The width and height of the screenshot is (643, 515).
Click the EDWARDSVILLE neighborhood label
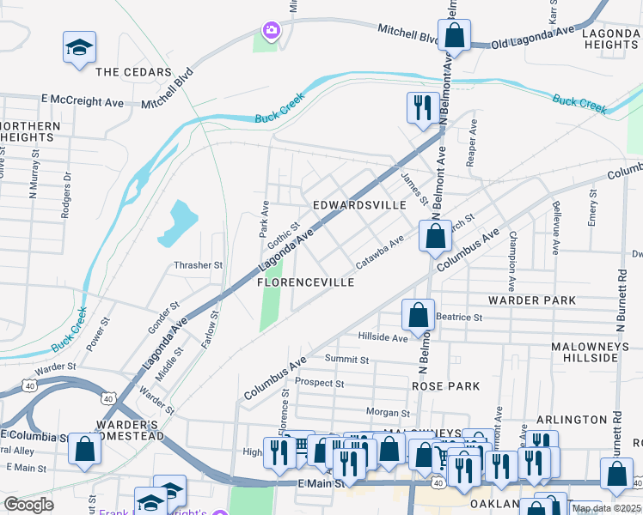(x=358, y=206)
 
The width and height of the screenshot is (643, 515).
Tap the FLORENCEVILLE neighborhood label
(x=306, y=282)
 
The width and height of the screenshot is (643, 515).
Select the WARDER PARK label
(x=530, y=301)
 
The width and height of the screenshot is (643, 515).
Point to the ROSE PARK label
(x=445, y=386)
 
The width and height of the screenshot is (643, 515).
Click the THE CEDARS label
(x=133, y=72)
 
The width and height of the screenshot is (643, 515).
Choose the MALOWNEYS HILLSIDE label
(x=597, y=350)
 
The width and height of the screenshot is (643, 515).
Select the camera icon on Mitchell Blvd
(x=272, y=31)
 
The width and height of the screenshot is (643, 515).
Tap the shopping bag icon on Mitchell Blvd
(x=455, y=36)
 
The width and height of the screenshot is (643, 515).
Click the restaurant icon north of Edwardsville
(x=420, y=107)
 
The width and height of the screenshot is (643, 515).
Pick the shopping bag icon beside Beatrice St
(x=418, y=315)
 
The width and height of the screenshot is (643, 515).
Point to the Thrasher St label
(x=199, y=265)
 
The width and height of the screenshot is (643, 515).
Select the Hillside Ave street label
(x=383, y=338)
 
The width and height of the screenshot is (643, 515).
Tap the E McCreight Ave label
(x=83, y=101)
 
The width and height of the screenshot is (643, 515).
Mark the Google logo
(x=28, y=505)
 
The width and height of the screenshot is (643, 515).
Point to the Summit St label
(x=346, y=360)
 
